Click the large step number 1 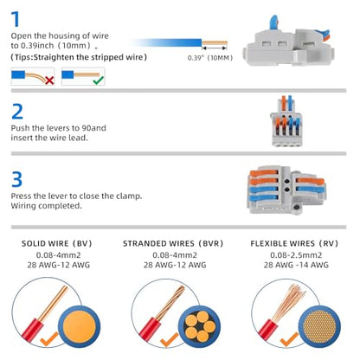pyautogui.click(x=16, y=19)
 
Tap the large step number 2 pyautogui.click(x=17, y=112)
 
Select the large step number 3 pyautogui.click(x=16, y=179)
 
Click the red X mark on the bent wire pyautogui.click(x=49, y=80)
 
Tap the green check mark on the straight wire pyautogui.click(x=99, y=80)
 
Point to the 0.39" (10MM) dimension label pyautogui.click(x=210, y=58)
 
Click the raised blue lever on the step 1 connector pyautogui.click(x=273, y=22)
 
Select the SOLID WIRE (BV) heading pyautogui.click(x=57, y=243)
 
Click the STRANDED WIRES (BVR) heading pyautogui.click(x=173, y=243)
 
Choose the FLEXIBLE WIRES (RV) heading pyautogui.click(x=294, y=243)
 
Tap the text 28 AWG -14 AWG pyautogui.click(x=296, y=265)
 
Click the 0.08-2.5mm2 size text pyautogui.click(x=296, y=255)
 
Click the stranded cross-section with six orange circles pyautogui.click(x=200, y=326)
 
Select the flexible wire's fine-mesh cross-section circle pyautogui.click(x=319, y=326)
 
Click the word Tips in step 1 pyautogui.click(x=23, y=57)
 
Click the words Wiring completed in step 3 pyautogui.click(x=46, y=206)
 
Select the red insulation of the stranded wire pyautogui.click(x=150, y=329)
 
